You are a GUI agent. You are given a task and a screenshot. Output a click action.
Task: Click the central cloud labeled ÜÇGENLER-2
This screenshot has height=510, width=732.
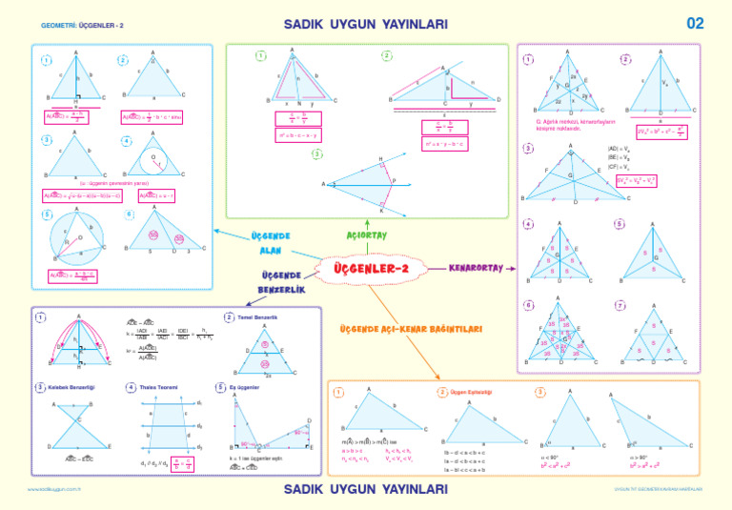click(x=371, y=269)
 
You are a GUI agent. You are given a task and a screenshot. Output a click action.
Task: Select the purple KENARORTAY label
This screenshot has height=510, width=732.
click(x=476, y=268)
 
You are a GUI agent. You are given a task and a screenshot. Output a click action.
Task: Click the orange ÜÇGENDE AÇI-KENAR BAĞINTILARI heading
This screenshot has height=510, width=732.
click(x=412, y=330)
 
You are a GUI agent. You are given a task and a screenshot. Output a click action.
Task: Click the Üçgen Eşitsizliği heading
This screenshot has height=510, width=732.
click(x=474, y=392)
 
